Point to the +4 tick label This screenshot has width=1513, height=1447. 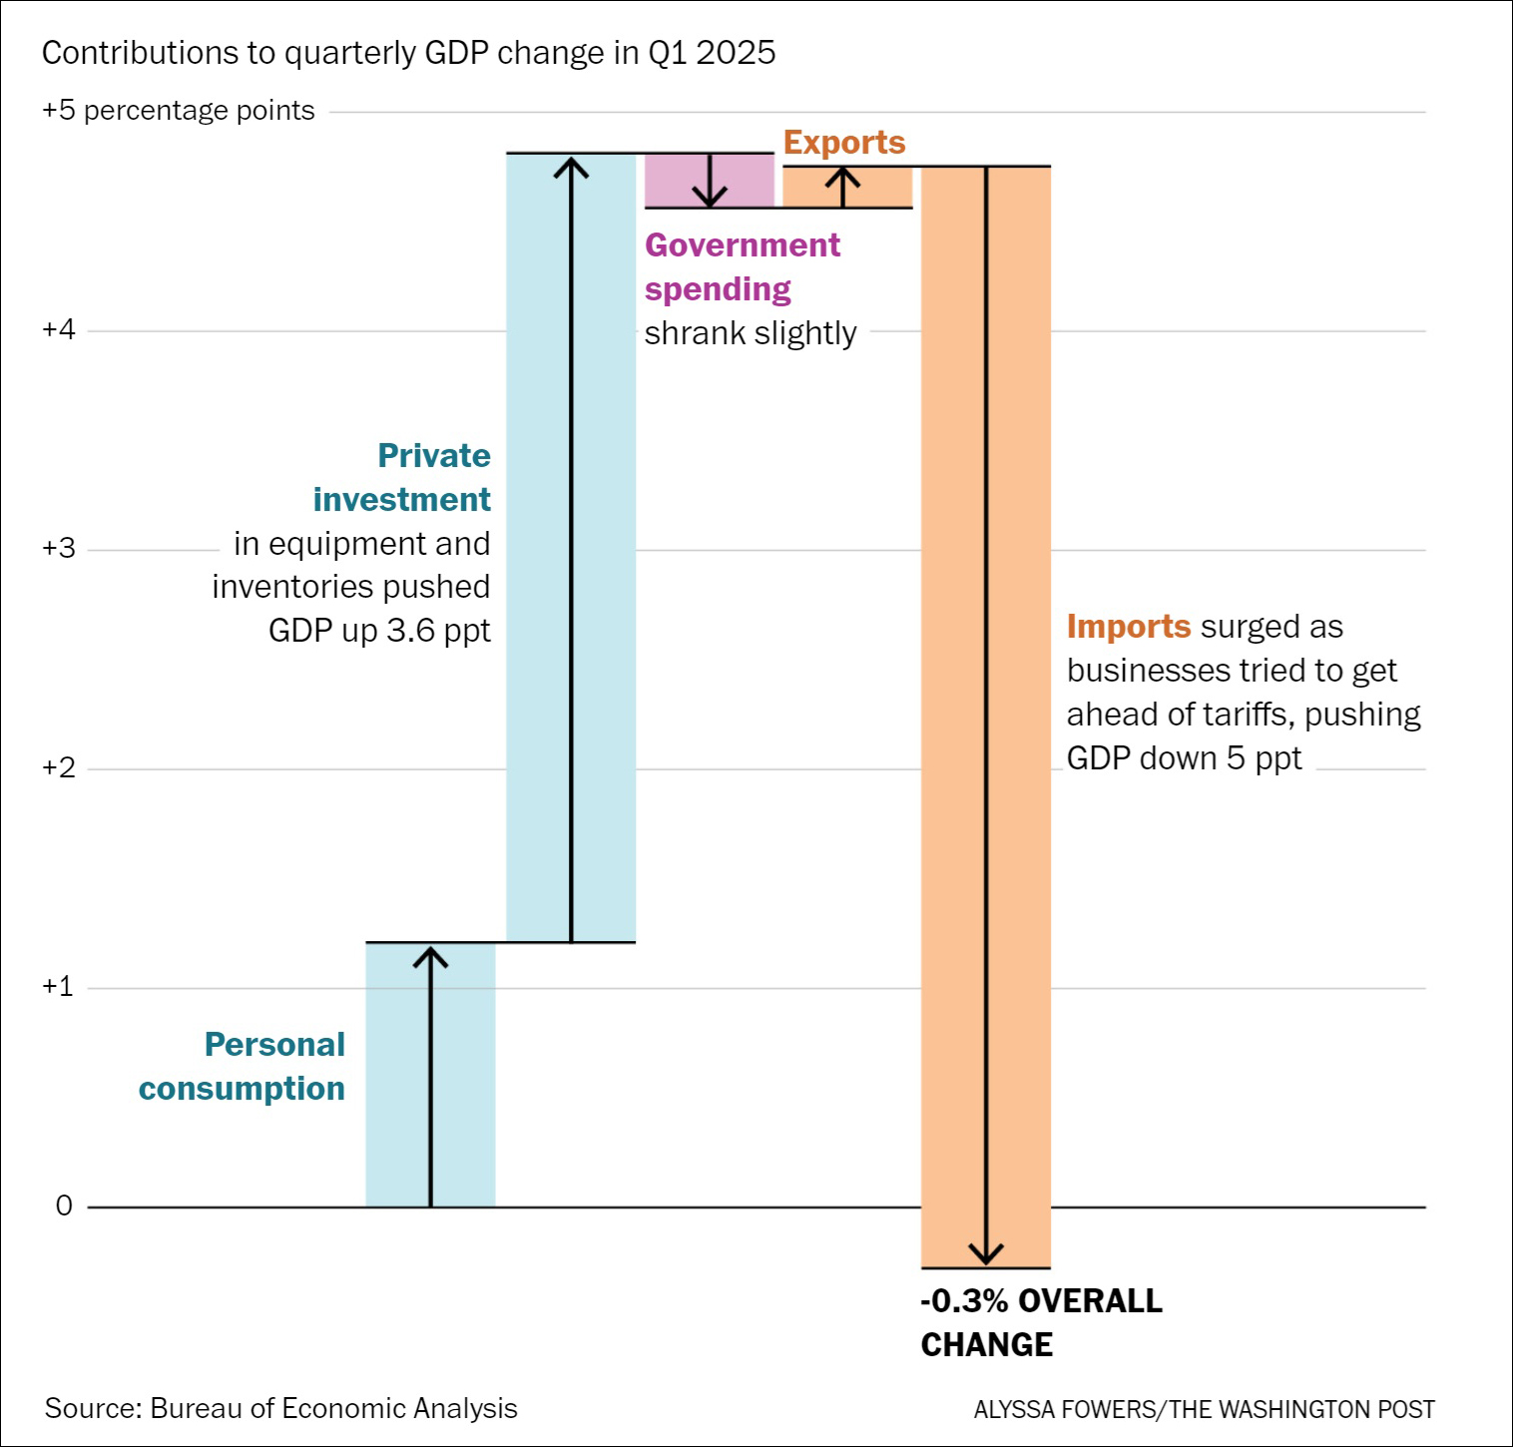pyautogui.click(x=59, y=330)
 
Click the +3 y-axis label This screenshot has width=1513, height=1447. pyautogui.click(x=59, y=549)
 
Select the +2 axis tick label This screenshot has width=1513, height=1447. pyautogui.click(x=59, y=768)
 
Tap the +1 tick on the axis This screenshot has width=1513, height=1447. pyautogui.click(x=59, y=987)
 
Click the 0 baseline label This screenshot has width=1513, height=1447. pyautogui.click(x=64, y=1206)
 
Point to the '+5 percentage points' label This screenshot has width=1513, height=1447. pyautogui.click(x=179, y=111)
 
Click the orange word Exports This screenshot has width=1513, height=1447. pyautogui.click(x=844, y=143)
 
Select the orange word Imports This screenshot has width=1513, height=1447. pyautogui.click(x=1129, y=627)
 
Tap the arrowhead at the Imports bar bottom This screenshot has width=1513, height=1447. pyautogui.click(x=986, y=1255)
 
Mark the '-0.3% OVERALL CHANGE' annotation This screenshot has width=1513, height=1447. pyautogui.click(x=1041, y=1323)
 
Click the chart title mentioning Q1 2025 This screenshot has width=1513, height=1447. pyautogui.click(x=409, y=53)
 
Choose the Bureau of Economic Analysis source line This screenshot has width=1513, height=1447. pyautogui.click(x=281, y=1408)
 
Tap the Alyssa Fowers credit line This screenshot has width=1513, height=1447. pyautogui.click(x=1204, y=1409)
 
